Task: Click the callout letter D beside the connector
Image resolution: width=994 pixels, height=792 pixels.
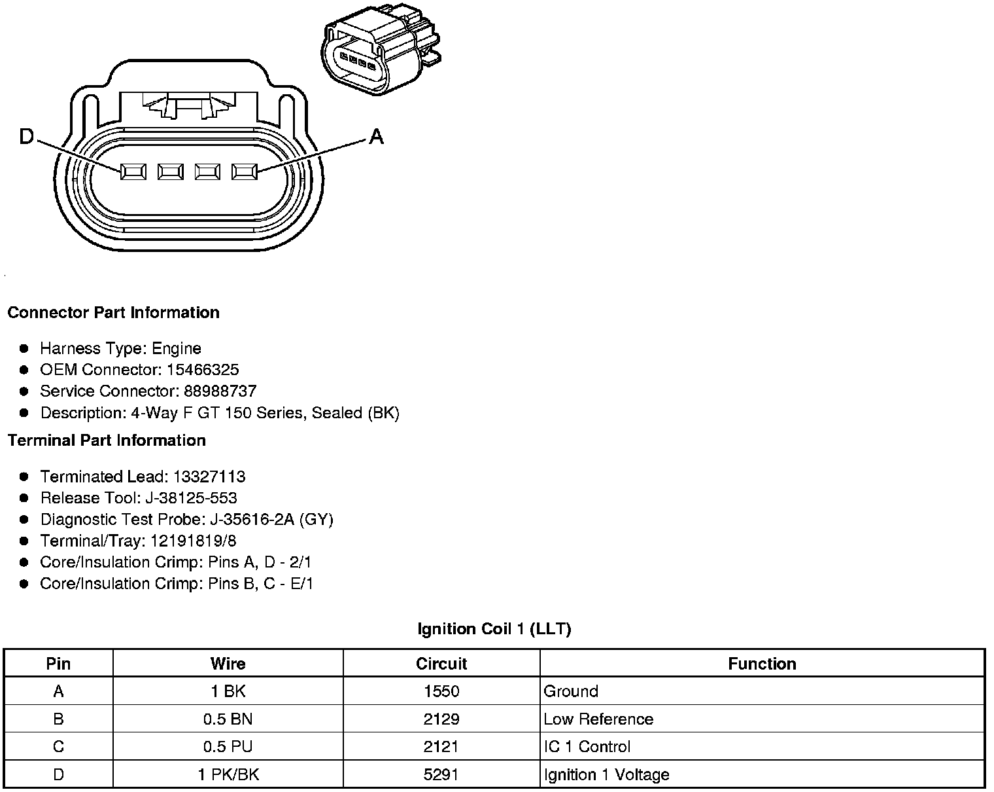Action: (27, 137)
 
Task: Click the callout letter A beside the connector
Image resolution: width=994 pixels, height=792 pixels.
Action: (376, 137)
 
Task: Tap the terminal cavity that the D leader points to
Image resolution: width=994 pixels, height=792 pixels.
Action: (133, 171)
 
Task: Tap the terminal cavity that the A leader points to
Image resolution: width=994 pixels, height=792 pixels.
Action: (245, 171)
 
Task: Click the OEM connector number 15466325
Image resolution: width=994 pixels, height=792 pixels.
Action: (202, 370)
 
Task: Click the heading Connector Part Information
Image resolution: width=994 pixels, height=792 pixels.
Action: (113, 313)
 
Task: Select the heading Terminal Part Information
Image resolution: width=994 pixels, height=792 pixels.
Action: (107, 441)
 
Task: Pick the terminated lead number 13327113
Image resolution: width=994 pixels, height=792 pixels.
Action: (209, 477)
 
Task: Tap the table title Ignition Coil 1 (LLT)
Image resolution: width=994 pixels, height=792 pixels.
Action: (494, 630)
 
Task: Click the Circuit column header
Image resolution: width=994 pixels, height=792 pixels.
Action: (441, 664)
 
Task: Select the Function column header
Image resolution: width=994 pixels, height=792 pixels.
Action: (762, 664)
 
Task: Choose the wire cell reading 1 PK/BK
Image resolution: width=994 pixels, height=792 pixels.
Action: (228, 775)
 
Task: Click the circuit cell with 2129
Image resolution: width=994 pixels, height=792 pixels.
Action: (441, 719)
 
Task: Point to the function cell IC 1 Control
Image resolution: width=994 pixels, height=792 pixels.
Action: (587, 747)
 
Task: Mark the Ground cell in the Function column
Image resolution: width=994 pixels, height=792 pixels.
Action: (570, 691)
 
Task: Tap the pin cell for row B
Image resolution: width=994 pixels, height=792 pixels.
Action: (58, 719)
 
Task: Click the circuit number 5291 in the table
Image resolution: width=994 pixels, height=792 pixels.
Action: (441, 775)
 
